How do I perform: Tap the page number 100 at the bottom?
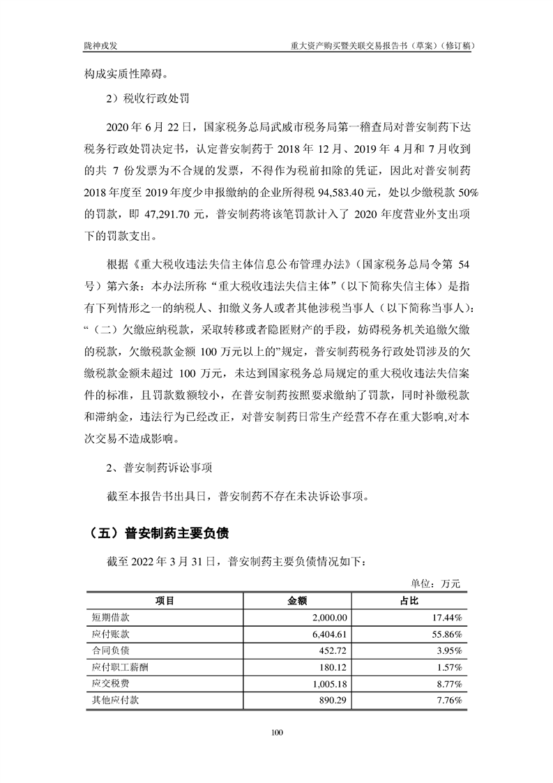277,732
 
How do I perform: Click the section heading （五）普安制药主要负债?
152,532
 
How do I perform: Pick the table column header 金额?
298,601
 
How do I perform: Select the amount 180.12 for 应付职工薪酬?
333,668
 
